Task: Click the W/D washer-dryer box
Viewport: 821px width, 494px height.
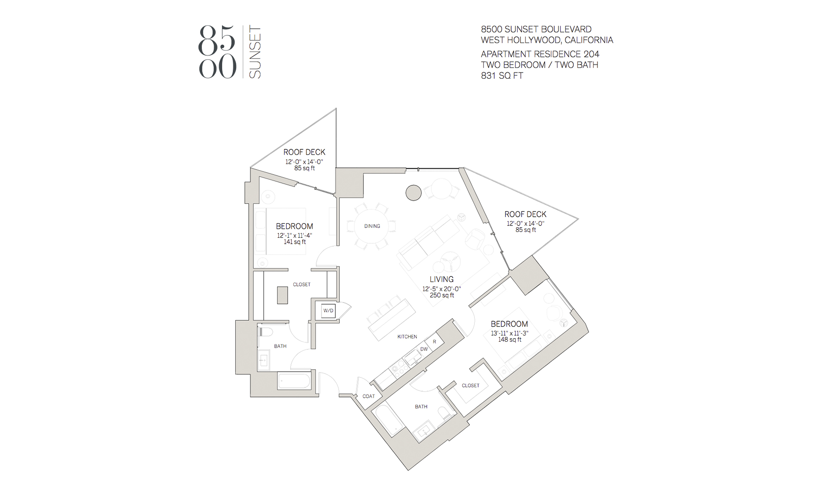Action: (x=328, y=311)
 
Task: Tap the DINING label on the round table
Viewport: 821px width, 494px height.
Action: (x=372, y=226)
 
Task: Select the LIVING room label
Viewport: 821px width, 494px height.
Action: (x=442, y=279)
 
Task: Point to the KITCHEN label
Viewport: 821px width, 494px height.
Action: (x=407, y=336)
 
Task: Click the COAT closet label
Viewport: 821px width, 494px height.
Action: (x=369, y=396)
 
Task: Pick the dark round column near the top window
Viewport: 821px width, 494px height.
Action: (x=413, y=193)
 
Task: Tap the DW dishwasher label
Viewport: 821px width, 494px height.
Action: (x=424, y=349)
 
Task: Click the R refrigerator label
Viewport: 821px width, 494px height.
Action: (x=434, y=342)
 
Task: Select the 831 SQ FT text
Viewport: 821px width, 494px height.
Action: (x=502, y=76)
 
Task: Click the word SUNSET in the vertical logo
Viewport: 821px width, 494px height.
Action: (x=255, y=52)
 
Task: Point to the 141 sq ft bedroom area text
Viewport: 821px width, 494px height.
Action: (x=295, y=242)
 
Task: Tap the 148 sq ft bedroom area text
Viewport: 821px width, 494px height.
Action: (x=509, y=339)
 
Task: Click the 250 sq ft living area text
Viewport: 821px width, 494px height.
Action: (x=442, y=295)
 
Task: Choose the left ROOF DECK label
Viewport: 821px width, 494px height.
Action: (x=304, y=152)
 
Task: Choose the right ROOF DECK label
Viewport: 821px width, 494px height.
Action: (x=525, y=214)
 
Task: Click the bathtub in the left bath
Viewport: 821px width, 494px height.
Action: (x=294, y=381)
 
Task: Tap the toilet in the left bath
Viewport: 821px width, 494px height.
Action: (x=265, y=332)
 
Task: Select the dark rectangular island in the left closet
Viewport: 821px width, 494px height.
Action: (x=282, y=295)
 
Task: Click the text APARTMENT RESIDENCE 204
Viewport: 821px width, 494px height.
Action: (x=540, y=54)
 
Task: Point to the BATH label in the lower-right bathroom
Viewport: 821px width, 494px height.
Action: (x=421, y=407)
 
